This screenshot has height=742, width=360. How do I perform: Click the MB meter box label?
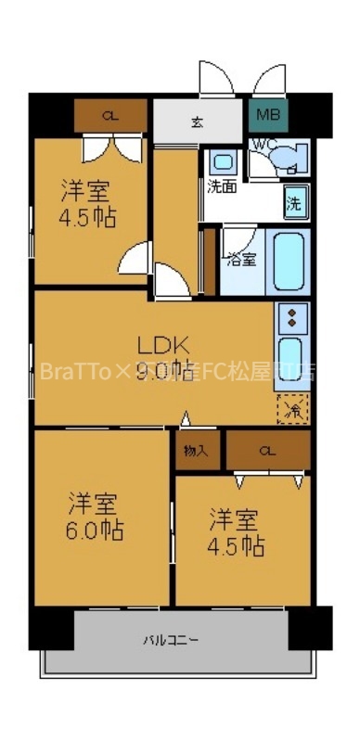pyautogui.click(x=267, y=116)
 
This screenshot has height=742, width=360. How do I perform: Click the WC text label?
pyautogui.click(x=262, y=144)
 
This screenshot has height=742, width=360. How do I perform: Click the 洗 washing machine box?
pyautogui.click(x=293, y=202)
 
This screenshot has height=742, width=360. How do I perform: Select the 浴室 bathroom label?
pyautogui.click(x=243, y=260)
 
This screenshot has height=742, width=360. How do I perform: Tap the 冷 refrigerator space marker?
pyautogui.click(x=292, y=408)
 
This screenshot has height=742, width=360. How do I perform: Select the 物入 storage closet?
pyautogui.click(x=197, y=450)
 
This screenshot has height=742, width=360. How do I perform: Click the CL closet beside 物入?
pyautogui.click(x=267, y=450)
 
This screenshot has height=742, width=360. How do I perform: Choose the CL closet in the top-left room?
pyautogui.click(x=110, y=116)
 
